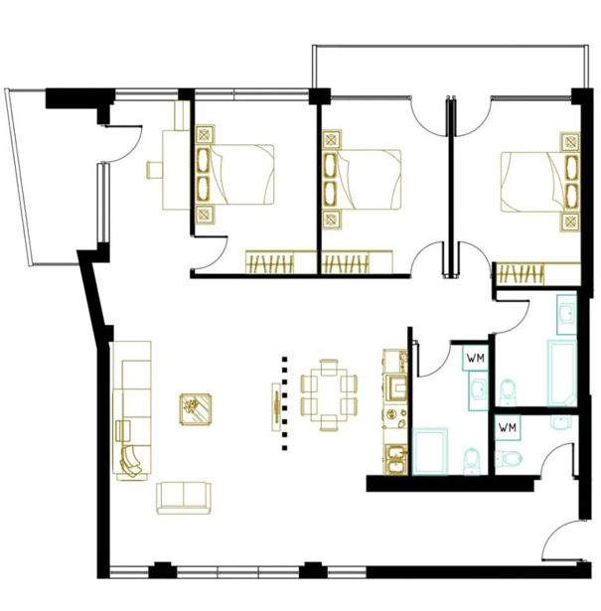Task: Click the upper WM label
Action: pyautogui.click(x=476, y=358)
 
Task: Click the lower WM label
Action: pyautogui.click(x=508, y=427)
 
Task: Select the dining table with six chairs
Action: pyautogui.click(x=329, y=394)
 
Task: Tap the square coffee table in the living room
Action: pyautogui.click(x=196, y=409)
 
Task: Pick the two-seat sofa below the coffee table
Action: pyautogui.click(x=184, y=498)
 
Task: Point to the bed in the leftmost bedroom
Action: pyautogui.click(x=234, y=175)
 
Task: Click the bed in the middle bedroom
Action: pyautogui.click(x=362, y=180)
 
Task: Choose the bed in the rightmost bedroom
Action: pyautogui.click(x=540, y=182)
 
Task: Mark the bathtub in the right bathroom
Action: pyautogui.click(x=561, y=374)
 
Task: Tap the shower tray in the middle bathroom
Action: pyautogui.click(x=430, y=452)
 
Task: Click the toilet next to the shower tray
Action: pyautogui.click(x=471, y=462)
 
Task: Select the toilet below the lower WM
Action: pyautogui.click(x=508, y=459)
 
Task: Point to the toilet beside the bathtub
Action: pyautogui.click(x=508, y=391)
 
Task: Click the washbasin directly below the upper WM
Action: pyautogui.click(x=478, y=390)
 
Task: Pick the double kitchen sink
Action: pyautogui.click(x=396, y=460)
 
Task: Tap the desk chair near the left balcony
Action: pyautogui.click(x=155, y=170)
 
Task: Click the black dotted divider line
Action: pyautogui.click(x=285, y=403)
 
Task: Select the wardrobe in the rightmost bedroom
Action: pyautogui.click(x=536, y=274)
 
